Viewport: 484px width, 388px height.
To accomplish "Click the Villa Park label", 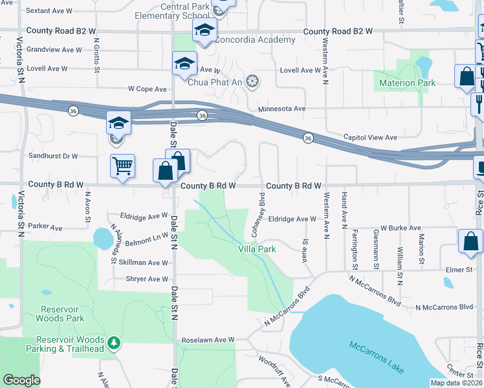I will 257,248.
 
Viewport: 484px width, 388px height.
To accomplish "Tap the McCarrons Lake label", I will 375,357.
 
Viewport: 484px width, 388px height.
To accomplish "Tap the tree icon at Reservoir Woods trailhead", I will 114,342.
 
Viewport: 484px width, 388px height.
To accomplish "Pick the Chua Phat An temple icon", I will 252,81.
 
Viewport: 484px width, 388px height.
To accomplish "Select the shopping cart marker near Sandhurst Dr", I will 122,166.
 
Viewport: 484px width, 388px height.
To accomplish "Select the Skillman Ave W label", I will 143,263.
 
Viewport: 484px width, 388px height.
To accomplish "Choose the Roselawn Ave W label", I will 207,339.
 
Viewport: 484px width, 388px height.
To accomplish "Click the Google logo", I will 21,380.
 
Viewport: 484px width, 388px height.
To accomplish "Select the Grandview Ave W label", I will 54,49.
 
